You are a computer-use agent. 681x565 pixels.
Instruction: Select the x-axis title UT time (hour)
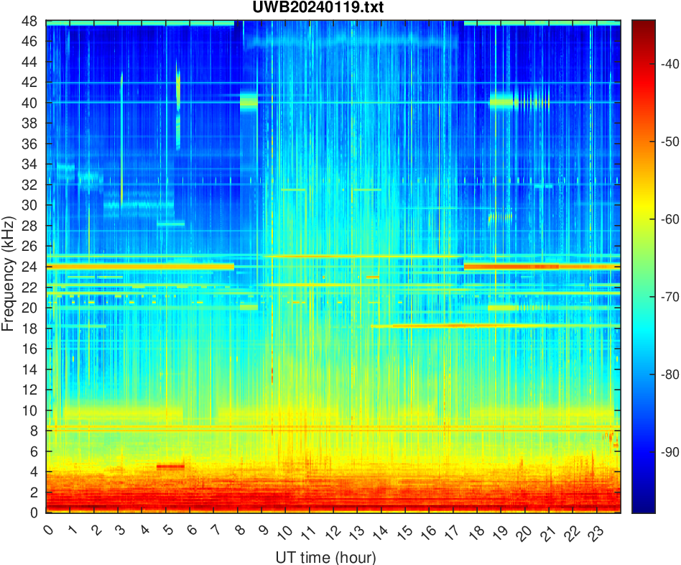coord(325,557)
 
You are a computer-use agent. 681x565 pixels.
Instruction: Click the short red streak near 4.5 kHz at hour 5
coord(170,466)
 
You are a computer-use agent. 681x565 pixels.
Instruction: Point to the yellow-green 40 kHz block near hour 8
coord(249,101)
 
